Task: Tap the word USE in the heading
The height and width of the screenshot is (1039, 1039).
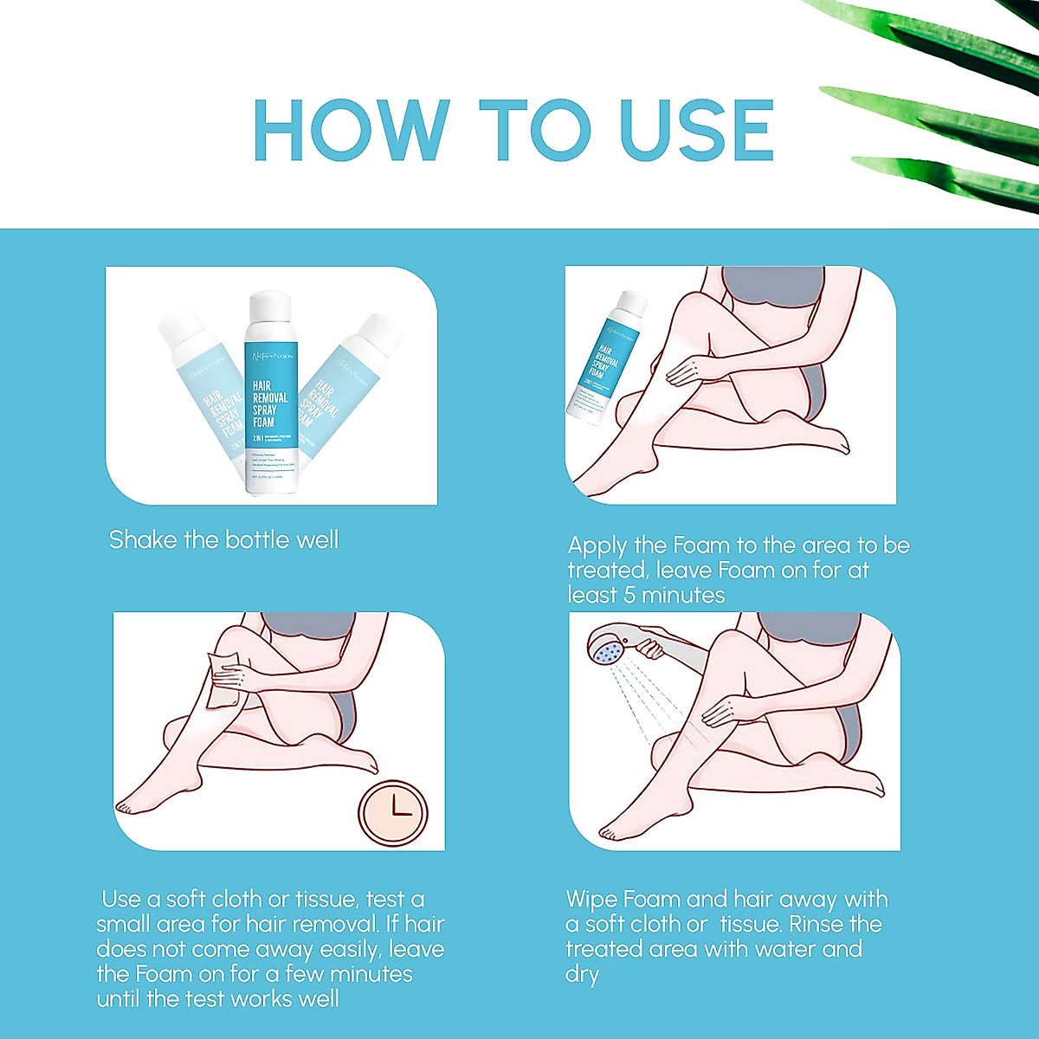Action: pos(697,130)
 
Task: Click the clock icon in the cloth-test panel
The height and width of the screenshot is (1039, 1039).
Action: pos(394,813)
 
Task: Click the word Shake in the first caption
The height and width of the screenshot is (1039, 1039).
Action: pos(143,540)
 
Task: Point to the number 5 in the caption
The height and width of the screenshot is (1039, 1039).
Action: pos(629,596)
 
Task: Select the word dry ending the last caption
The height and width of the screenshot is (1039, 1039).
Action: pos(582,975)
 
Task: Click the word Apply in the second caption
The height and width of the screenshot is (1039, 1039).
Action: pos(597,546)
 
